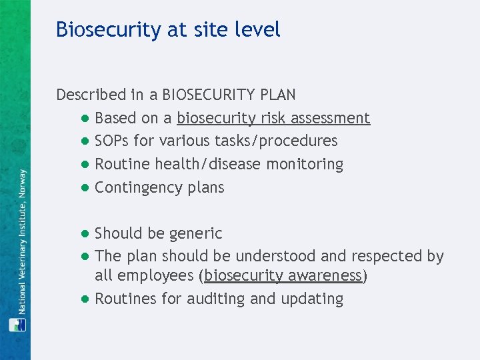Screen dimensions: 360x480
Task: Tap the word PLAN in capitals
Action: [278, 95]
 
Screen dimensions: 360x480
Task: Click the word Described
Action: [91, 95]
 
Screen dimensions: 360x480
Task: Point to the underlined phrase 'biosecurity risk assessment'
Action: [273, 119]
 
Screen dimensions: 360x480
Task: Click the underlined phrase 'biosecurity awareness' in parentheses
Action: [283, 276]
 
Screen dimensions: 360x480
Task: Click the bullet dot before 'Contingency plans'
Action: [85, 187]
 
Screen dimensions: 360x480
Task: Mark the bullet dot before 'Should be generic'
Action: [85, 233]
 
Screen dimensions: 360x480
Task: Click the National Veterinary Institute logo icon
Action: [15, 325]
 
